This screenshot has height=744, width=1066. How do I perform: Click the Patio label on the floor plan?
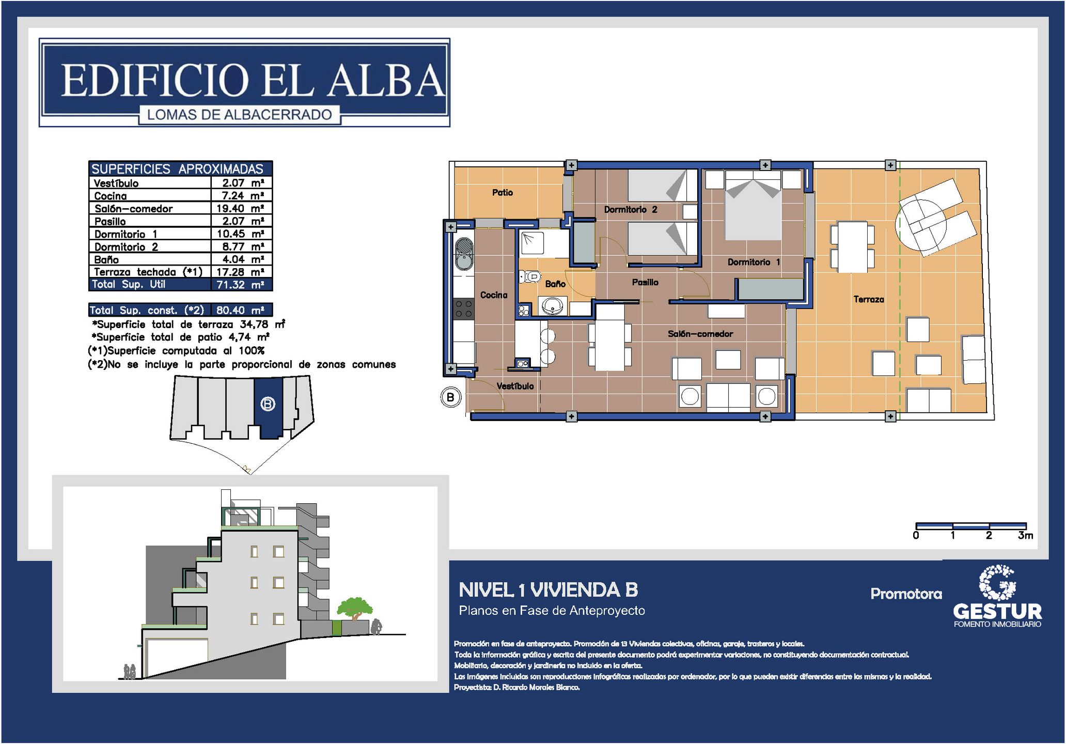[x=502, y=193]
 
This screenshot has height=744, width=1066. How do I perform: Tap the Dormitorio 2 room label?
[x=631, y=209]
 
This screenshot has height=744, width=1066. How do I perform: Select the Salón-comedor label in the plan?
[x=700, y=334]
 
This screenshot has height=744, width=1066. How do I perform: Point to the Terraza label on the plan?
[x=868, y=299]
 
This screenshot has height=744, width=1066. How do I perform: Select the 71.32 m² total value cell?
[x=240, y=284]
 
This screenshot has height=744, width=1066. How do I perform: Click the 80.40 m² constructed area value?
[x=240, y=310]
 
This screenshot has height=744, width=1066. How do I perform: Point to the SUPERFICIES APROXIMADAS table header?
[x=177, y=169]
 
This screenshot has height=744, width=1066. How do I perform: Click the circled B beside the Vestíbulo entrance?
[x=450, y=397]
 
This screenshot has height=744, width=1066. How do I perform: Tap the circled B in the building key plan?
[x=268, y=404]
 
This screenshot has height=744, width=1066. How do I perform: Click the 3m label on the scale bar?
[x=1025, y=535]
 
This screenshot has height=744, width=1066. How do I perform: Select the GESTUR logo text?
[x=997, y=612]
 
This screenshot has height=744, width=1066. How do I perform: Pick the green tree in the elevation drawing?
[x=354, y=608]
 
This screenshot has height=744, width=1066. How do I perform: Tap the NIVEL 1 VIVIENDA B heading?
[x=548, y=590]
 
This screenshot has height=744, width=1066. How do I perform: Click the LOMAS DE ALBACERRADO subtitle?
[x=240, y=115]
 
